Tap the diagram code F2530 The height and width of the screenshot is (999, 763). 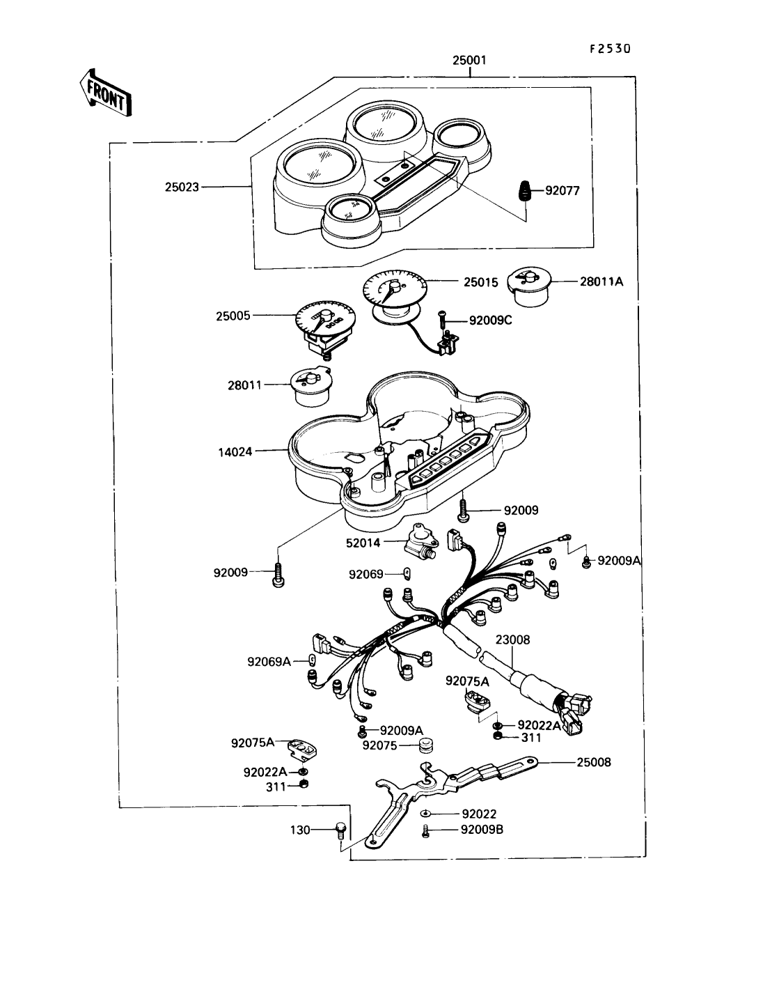point(609,49)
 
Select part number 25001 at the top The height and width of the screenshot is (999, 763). point(469,61)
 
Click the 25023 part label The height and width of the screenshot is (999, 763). point(182,187)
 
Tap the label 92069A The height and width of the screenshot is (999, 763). point(269,661)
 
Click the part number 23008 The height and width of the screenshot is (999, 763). point(512,640)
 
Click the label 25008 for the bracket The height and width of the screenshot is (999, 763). point(594,762)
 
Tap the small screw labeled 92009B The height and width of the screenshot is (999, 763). point(425,830)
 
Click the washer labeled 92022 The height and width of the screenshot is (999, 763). point(425,814)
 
